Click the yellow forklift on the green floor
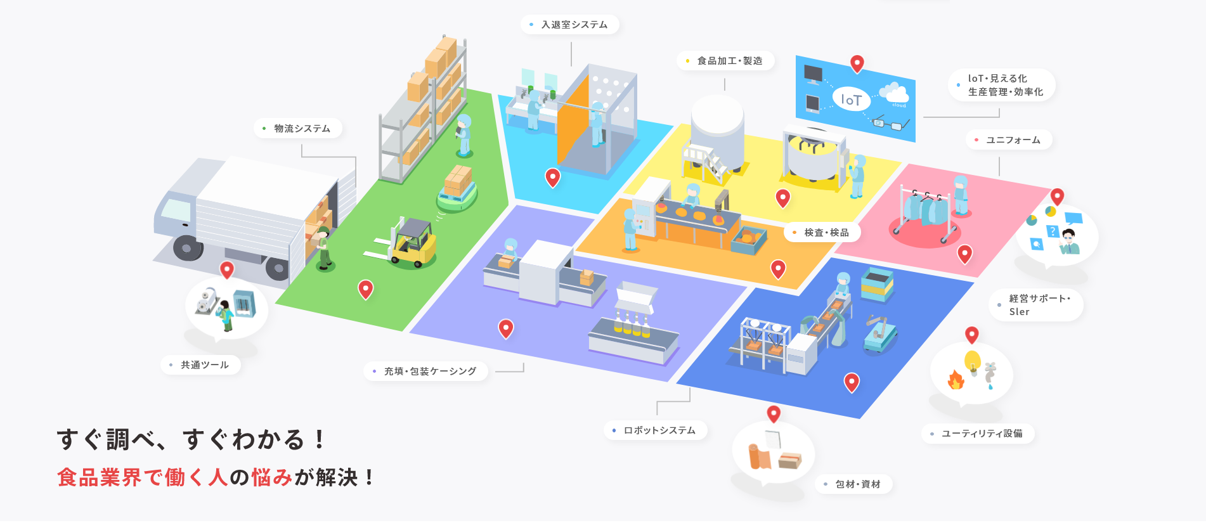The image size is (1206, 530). [413, 244]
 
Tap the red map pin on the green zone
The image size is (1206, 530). [366, 288]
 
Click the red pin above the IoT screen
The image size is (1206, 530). [857, 63]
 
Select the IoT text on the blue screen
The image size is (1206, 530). [851, 100]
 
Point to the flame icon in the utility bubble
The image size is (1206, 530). [956, 380]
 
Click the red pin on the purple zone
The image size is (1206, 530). [506, 328]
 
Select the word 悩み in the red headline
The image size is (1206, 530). [271, 477]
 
